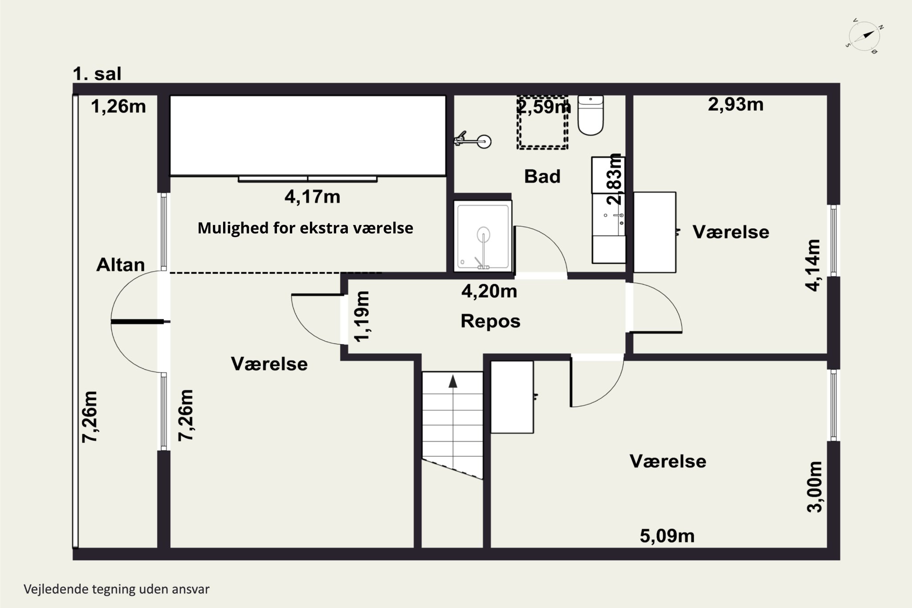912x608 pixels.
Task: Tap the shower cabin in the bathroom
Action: click(x=483, y=236)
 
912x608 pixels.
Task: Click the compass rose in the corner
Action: click(x=864, y=39)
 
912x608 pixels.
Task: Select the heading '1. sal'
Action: click(x=97, y=74)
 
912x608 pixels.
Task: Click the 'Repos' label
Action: click(x=490, y=321)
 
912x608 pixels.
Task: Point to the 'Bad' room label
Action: click(x=542, y=176)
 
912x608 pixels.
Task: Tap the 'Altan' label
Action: click(x=121, y=265)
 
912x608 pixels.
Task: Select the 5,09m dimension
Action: click(x=667, y=536)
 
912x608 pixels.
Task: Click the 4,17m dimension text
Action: click(x=312, y=196)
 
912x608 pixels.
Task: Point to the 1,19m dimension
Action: click(x=362, y=316)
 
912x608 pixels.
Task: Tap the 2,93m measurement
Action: click(x=736, y=105)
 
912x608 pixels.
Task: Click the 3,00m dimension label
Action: click(x=814, y=486)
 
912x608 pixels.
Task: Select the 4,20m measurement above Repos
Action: click(x=489, y=291)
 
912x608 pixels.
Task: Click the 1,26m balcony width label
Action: click(x=118, y=107)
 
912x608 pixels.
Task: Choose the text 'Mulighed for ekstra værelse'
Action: click(x=305, y=228)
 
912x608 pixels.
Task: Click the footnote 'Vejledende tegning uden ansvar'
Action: click(x=117, y=589)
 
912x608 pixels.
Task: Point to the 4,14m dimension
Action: click(x=813, y=265)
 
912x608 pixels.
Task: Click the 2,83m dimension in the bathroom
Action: click(x=615, y=179)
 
